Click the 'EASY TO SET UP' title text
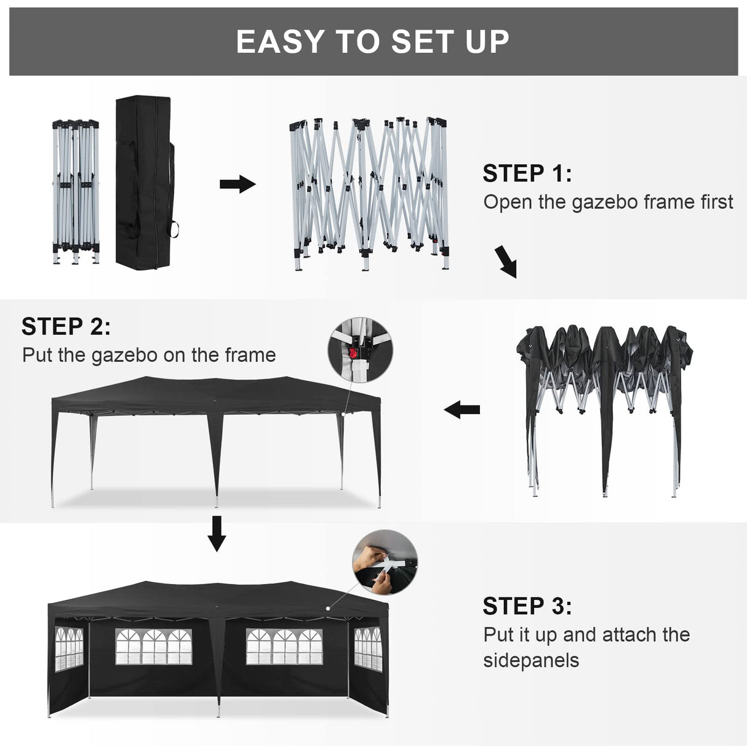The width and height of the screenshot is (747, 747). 373,42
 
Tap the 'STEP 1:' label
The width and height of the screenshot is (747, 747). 527,174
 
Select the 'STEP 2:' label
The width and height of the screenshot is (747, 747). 66,327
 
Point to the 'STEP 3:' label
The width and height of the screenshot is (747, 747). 527,606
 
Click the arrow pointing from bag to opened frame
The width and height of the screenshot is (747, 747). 238,184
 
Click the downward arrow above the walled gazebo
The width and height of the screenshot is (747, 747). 217,533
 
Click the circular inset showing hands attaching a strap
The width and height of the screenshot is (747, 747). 385,564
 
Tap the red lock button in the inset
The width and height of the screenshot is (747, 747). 353,353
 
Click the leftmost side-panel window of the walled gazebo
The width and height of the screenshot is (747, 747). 68,649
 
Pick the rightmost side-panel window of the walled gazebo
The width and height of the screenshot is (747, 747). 368,649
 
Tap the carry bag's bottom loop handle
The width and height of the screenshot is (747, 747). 175,230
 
